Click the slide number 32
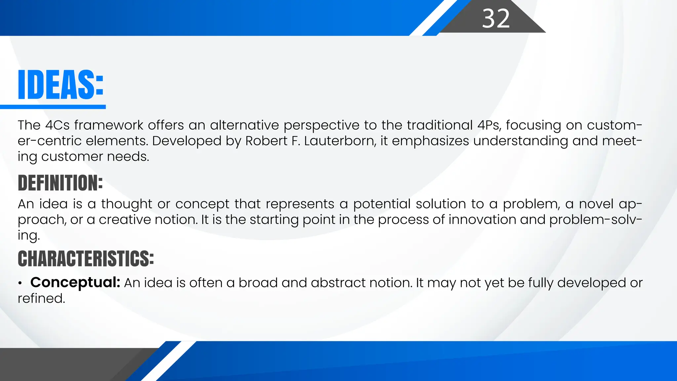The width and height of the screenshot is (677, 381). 496,19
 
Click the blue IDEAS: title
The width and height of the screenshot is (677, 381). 61,85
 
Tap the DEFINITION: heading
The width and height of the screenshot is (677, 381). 60,183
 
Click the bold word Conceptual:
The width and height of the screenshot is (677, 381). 75,282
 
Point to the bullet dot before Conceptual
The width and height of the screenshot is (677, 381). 20,283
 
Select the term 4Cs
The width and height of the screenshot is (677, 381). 58,125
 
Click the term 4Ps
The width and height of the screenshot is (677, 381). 489,125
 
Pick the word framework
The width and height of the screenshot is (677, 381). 109,125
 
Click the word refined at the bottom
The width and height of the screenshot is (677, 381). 41,298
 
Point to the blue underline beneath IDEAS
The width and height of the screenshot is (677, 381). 53,107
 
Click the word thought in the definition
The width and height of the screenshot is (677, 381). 126,204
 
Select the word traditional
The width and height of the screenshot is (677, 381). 440,125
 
